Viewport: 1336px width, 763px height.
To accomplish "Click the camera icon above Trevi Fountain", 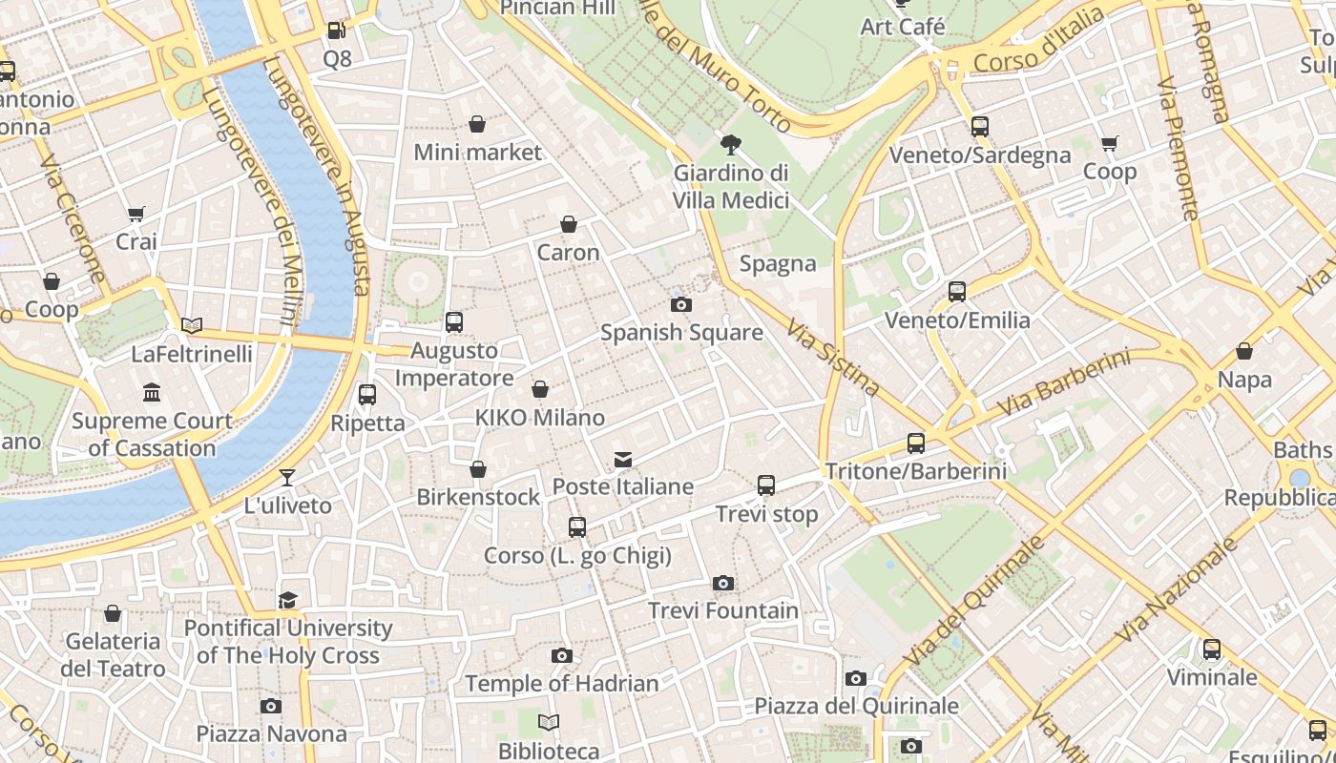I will click(x=723, y=583).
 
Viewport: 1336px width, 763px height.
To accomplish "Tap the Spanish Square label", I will click(x=681, y=333).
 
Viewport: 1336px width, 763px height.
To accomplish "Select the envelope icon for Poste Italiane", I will click(x=623, y=460).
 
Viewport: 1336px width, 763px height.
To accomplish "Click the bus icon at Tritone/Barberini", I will click(x=916, y=443).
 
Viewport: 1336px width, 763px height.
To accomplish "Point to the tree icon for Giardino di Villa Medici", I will click(x=731, y=145).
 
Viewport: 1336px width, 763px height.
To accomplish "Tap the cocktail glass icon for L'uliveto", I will click(x=287, y=477).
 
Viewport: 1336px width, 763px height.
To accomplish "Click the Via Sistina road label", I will click(x=832, y=357).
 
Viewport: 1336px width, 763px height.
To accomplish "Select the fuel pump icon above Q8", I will click(x=336, y=31).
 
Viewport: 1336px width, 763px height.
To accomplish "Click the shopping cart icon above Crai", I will click(x=136, y=214).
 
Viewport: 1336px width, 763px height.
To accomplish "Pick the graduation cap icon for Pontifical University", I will click(x=287, y=600).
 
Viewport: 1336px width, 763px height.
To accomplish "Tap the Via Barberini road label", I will click(x=1064, y=384).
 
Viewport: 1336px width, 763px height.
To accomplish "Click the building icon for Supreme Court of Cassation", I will click(x=152, y=392).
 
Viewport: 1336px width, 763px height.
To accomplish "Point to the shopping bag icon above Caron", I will click(x=569, y=224).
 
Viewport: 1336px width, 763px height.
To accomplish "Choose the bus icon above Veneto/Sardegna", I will click(x=980, y=126).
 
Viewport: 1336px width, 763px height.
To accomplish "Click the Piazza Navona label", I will click(x=271, y=733).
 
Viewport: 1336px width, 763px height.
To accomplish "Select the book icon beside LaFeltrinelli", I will click(x=192, y=325).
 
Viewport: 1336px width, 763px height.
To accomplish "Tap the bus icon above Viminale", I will click(x=1212, y=650).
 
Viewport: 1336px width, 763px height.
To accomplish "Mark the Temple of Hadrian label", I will click(x=562, y=684).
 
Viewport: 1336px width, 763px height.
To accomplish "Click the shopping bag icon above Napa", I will click(x=1244, y=351).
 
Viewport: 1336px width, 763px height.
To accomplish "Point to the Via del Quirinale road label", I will click(x=973, y=602).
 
